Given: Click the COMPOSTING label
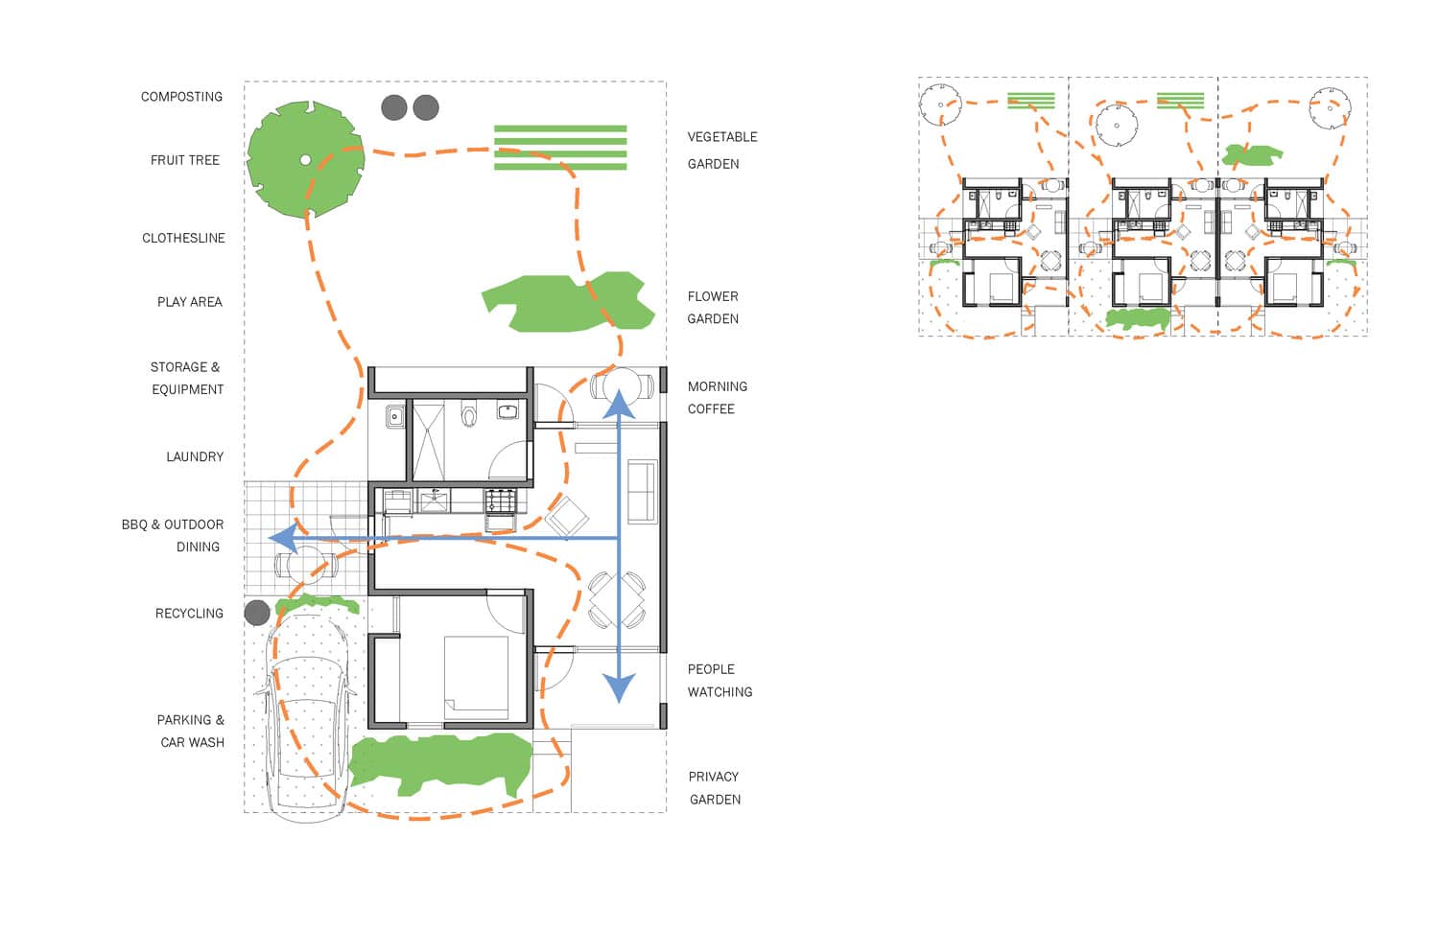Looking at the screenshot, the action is [x=182, y=97].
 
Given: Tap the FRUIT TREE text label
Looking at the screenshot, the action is [x=185, y=160].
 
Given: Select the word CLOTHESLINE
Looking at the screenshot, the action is [x=184, y=238].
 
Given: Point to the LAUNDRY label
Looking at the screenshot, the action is [x=195, y=457].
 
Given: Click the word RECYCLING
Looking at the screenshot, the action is [x=190, y=614].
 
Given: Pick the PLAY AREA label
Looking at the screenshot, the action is [x=190, y=302].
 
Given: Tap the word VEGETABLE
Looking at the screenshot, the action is [x=722, y=137].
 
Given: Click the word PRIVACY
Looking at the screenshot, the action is [x=714, y=777].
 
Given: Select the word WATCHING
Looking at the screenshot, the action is [x=720, y=692].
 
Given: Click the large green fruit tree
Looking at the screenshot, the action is [x=306, y=159].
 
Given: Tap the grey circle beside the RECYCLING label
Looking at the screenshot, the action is [x=257, y=614].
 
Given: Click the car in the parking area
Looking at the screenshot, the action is [x=306, y=718].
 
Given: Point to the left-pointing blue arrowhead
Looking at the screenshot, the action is [x=283, y=538].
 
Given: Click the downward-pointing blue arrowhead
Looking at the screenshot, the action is [x=619, y=687].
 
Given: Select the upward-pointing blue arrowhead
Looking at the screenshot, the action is [x=619, y=405].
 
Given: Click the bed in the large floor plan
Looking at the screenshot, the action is [x=476, y=677].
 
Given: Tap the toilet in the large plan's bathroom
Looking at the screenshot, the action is [x=470, y=415].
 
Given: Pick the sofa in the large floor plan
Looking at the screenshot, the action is [x=643, y=491].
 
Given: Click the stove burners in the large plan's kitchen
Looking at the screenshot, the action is [x=501, y=500].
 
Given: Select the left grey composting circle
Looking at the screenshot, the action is [x=393, y=108].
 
